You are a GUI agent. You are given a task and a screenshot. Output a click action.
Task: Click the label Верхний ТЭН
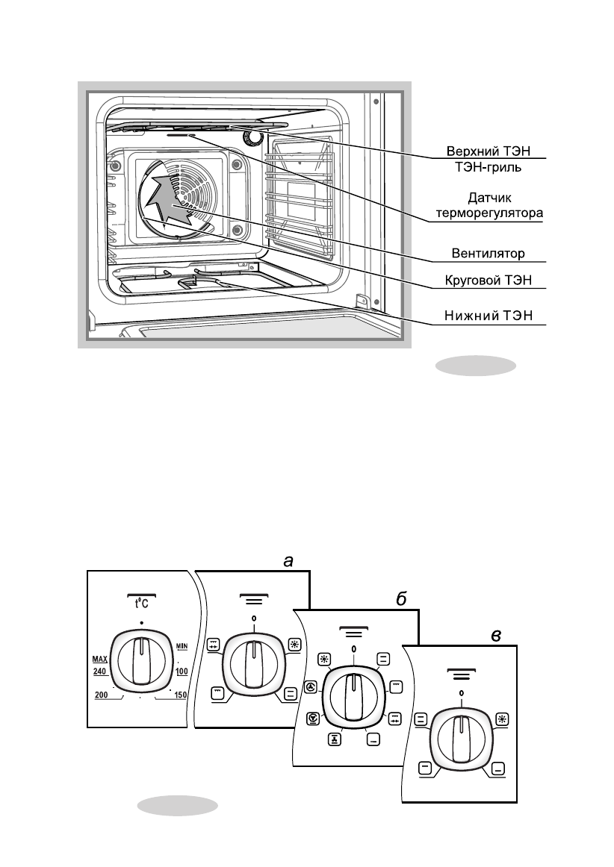click(x=489, y=151)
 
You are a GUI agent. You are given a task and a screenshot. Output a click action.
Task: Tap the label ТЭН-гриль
click(x=489, y=166)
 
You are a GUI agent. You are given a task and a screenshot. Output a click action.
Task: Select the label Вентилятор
click(x=489, y=253)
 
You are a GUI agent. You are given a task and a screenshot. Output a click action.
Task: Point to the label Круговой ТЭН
click(x=489, y=281)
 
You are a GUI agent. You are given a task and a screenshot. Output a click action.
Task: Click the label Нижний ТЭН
click(x=489, y=316)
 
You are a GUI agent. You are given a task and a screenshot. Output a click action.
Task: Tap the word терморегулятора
click(x=489, y=213)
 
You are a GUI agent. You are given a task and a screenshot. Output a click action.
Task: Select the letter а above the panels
click(x=288, y=562)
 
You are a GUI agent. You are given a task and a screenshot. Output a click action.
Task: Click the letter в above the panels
click(x=496, y=636)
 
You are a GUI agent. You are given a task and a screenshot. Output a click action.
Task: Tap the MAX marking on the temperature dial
click(x=99, y=660)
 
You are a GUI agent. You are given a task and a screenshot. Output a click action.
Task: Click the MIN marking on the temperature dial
click(x=182, y=646)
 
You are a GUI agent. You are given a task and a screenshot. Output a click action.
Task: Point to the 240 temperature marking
click(x=99, y=672)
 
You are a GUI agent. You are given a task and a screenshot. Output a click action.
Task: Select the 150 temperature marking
click(x=181, y=695)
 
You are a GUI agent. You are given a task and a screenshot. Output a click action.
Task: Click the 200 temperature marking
click(x=102, y=695)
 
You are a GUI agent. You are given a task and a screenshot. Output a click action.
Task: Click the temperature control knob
click(x=142, y=661)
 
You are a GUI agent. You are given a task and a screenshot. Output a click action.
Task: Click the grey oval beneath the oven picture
click(x=476, y=366)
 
